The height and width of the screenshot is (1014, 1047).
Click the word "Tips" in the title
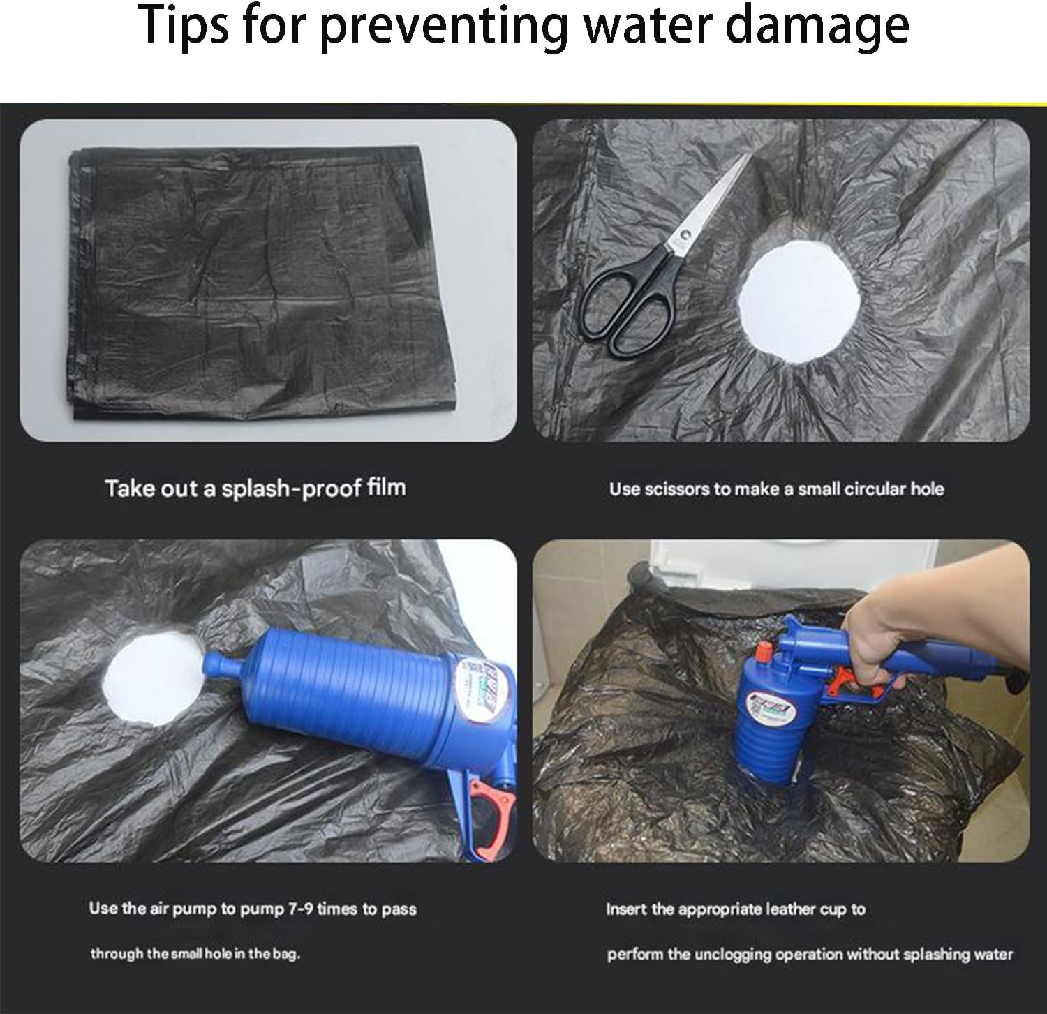click(x=184, y=26)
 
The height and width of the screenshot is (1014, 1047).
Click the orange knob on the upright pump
click(x=762, y=650)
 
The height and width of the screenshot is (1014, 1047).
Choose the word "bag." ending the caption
click(x=285, y=954)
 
